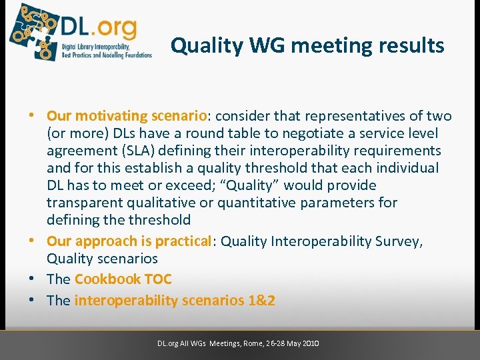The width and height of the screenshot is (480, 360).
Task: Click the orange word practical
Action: tap(181, 241)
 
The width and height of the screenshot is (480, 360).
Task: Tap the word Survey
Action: tap(396, 241)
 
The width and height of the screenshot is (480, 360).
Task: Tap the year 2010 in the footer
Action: tap(309, 343)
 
